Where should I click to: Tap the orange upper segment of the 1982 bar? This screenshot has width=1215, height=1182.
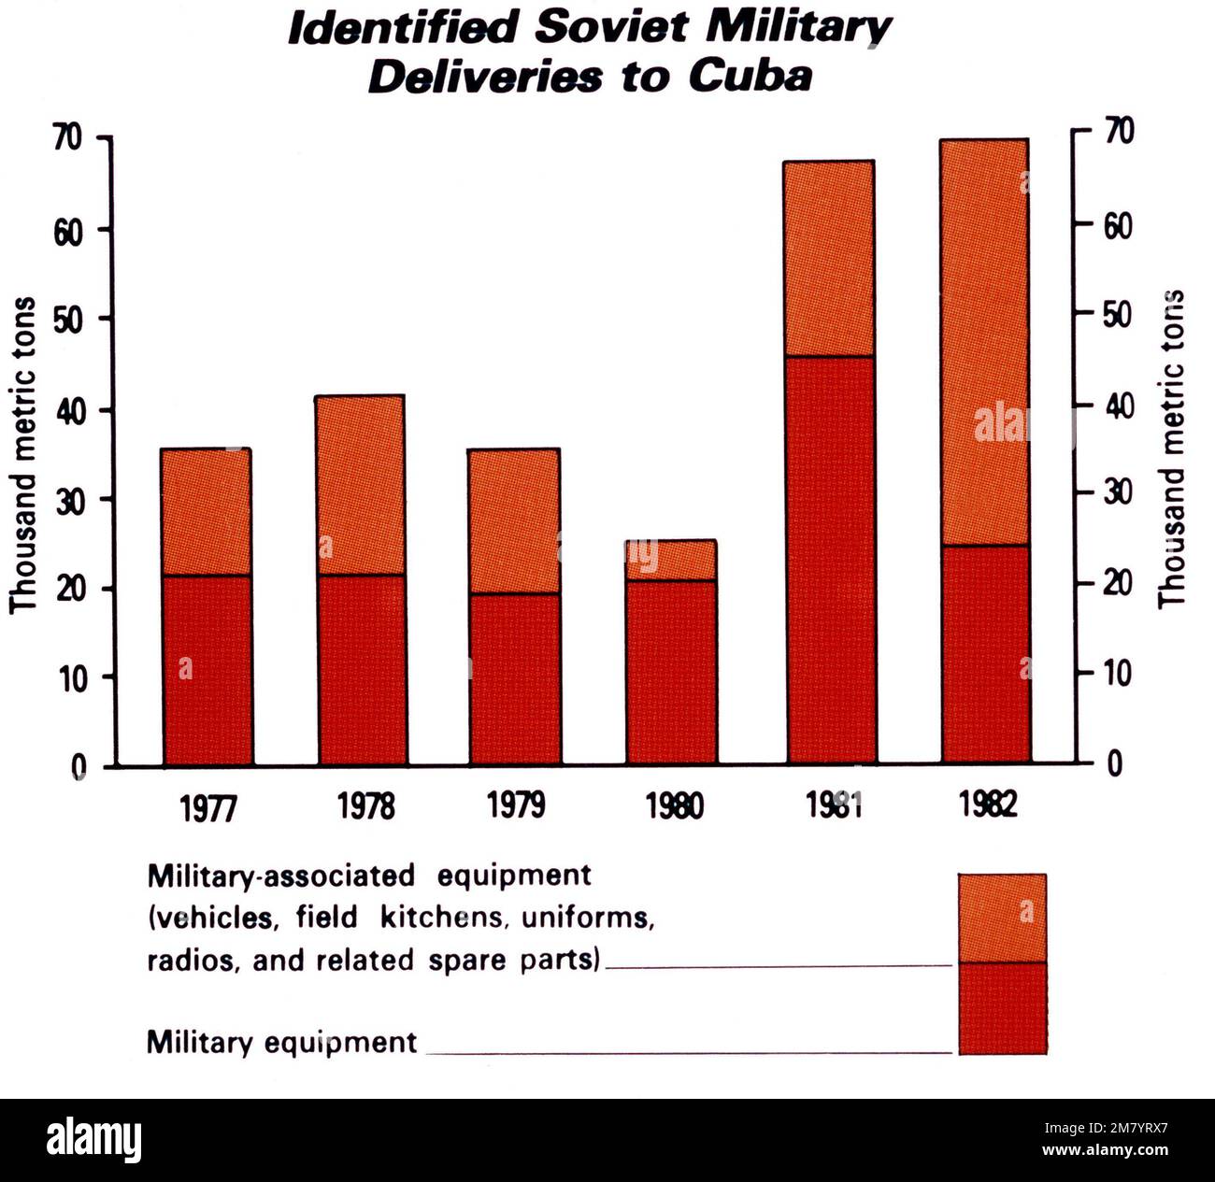(984, 342)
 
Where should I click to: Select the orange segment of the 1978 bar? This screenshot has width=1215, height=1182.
(361, 484)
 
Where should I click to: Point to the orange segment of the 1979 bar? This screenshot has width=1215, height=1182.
(514, 520)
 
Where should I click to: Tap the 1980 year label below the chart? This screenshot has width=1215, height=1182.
(675, 805)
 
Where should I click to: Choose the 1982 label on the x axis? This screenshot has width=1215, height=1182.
(987, 804)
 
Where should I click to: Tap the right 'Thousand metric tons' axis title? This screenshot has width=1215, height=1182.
(1171, 449)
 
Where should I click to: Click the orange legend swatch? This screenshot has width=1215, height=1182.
(1002, 918)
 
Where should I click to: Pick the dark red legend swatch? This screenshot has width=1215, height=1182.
(1002, 1008)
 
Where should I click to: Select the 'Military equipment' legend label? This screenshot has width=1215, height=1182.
(281, 1042)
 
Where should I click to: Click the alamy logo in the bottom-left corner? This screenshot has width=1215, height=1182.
(93, 1141)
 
